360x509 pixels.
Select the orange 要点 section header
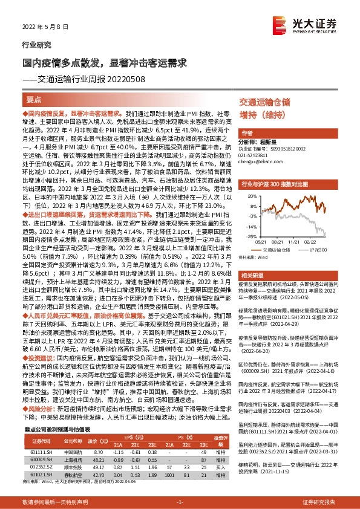34,100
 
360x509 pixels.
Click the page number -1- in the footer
179,502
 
